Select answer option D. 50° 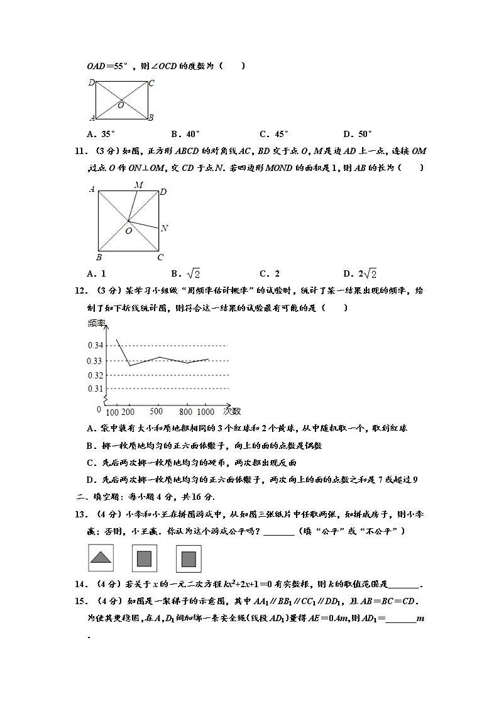point(358,133)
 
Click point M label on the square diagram point(138,185)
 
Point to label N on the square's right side point(164,228)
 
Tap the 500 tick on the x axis point(156,411)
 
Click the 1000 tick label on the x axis point(206,411)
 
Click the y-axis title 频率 point(97,323)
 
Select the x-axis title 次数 point(231,411)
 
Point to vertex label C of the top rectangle point(151,83)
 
